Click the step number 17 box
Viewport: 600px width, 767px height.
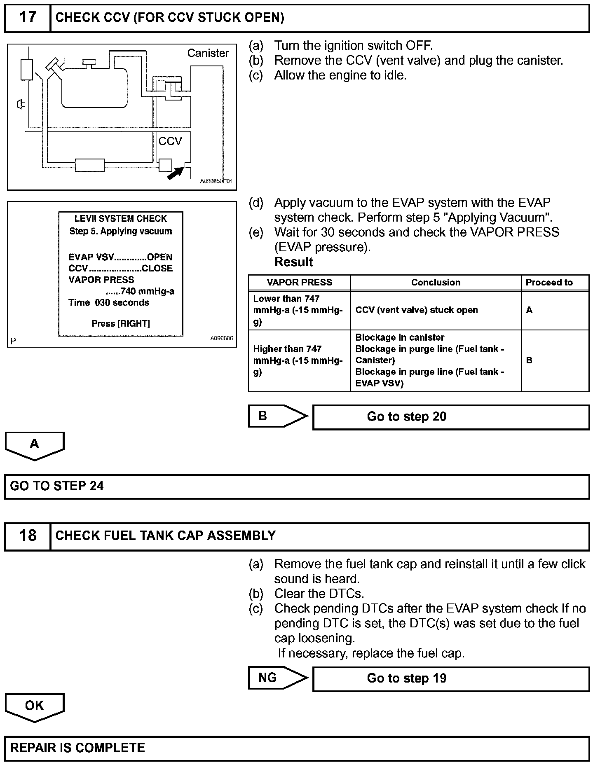click(x=27, y=18)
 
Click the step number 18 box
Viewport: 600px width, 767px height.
click(x=27, y=535)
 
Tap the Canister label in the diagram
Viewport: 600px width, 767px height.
click(x=208, y=53)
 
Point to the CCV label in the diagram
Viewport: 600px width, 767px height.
click(x=170, y=141)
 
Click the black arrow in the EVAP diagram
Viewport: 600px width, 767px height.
click(x=175, y=173)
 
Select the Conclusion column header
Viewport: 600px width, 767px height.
click(x=436, y=283)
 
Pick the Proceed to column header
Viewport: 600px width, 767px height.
click(x=549, y=283)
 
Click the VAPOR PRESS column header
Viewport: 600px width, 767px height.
click(x=299, y=283)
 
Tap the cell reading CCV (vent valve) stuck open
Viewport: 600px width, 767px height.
click(x=417, y=310)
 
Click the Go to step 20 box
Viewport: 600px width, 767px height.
click(x=451, y=417)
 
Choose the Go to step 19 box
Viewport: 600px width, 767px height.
click(x=451, y=678)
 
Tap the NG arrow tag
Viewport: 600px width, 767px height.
click(x=276, y=678)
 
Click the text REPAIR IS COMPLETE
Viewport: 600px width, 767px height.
click(x=77, y=748)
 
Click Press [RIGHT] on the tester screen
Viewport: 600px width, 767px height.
click(x=121, y=324)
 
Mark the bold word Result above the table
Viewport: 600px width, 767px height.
click(x=293, y=262)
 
